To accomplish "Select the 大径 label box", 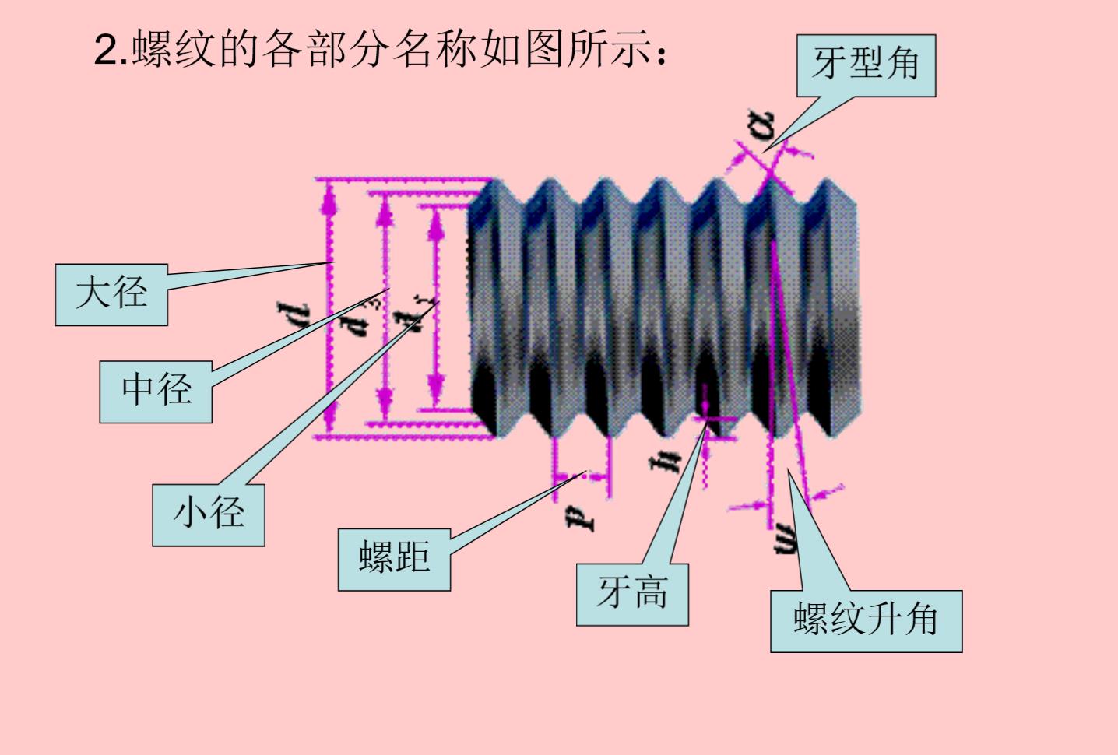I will click(x=111, y=294).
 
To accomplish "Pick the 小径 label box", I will click(x=208, y=514).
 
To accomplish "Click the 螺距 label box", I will click(x=394, y=559).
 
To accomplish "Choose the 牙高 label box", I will click(x=632, y=594).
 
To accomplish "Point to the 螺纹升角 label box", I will click(x=866, y=620).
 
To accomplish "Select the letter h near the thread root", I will click(x=668, y=461).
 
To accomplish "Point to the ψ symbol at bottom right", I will click(x=787, y=537).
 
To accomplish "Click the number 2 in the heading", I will click(x=104, y=51).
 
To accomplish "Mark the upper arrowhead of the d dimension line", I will click(x=329, y=199).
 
